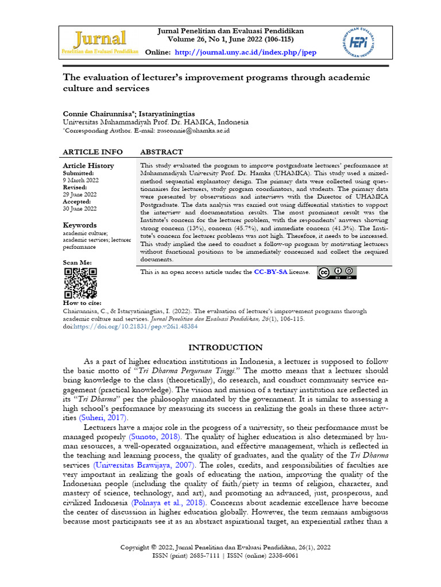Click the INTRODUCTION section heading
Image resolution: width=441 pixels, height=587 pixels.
pos(226,347)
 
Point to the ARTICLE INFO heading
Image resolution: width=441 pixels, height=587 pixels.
pos(92,152)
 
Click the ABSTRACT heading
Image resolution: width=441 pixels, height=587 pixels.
pos(161,152)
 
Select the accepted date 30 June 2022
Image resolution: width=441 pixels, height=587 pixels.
pos(80,209)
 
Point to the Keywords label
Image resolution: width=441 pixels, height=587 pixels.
pos(80,225)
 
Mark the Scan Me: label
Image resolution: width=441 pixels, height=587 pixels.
pos(77,262)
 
